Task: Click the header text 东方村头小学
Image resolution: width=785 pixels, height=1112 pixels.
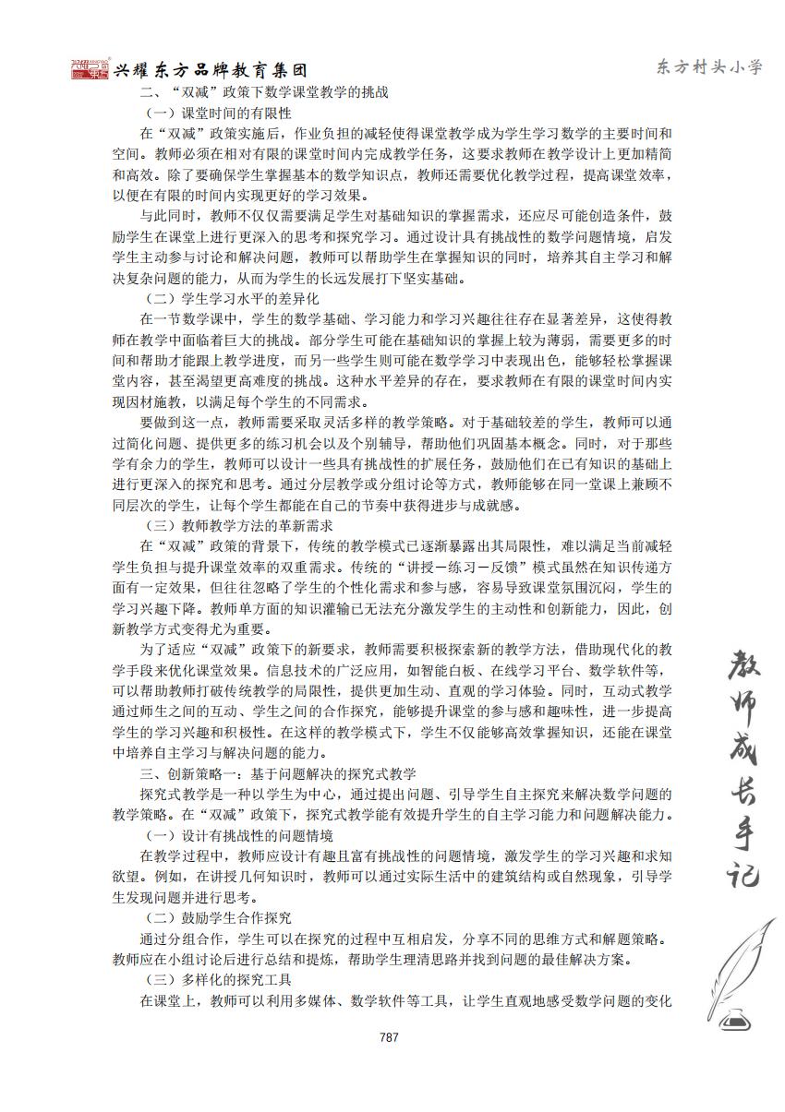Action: [709, 66]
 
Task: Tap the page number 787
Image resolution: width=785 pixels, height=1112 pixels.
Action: [389, 1036]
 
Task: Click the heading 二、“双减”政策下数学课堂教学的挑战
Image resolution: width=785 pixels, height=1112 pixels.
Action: [263, 93]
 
